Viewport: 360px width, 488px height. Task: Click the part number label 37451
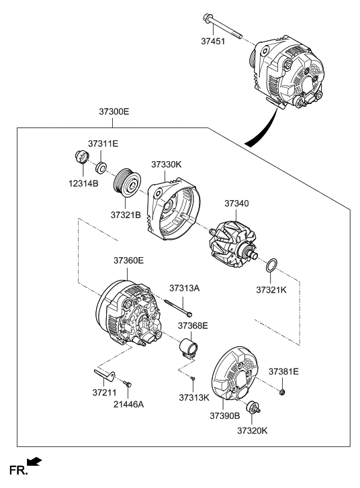[213, 41]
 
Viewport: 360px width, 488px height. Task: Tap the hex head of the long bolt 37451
[207, 17]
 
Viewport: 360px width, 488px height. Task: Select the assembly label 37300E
[114, 111]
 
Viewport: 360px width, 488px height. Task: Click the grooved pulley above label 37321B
[128, 183]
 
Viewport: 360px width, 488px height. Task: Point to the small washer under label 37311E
[101, 168]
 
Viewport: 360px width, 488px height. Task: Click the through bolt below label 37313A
[178, 307]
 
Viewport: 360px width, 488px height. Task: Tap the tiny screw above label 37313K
[193, 378]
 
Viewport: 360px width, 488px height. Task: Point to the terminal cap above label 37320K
[253, 408]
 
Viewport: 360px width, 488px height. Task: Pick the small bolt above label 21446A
[128, 383]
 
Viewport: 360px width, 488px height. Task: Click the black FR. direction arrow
[34, 461]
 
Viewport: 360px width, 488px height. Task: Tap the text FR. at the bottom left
[18, 470]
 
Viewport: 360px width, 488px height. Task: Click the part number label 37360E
[128, 260]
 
